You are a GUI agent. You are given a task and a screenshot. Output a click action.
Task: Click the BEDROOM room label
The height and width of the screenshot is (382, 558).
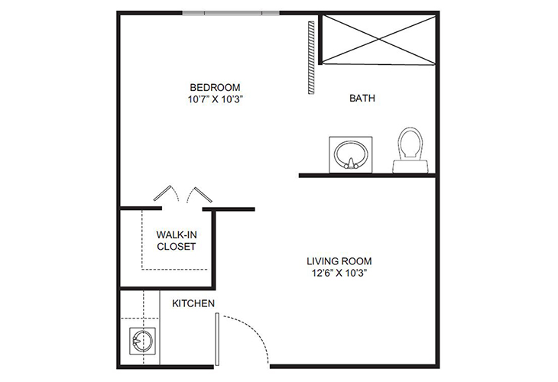coord(216,86)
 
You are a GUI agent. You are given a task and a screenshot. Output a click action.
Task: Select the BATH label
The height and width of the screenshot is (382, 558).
coord(362,99)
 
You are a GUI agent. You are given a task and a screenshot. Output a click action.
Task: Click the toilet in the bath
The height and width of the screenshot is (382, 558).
coord(410,149)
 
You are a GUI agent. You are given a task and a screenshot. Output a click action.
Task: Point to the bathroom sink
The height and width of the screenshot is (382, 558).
coord(350,154)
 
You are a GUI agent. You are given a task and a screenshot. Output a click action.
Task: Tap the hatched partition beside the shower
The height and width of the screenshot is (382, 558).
coord(310,57)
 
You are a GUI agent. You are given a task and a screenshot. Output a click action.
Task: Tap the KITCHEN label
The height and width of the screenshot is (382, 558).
coord(193,303)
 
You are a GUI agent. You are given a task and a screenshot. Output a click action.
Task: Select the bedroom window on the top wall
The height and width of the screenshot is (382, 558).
coord(232,13)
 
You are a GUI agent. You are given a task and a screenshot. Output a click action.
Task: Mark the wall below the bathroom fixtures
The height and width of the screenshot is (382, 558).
coord(367,176)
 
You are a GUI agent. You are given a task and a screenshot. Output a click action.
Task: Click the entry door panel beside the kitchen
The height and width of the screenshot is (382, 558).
coord(217,340)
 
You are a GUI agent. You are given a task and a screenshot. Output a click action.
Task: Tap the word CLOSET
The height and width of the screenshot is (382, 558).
coord(176,247)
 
